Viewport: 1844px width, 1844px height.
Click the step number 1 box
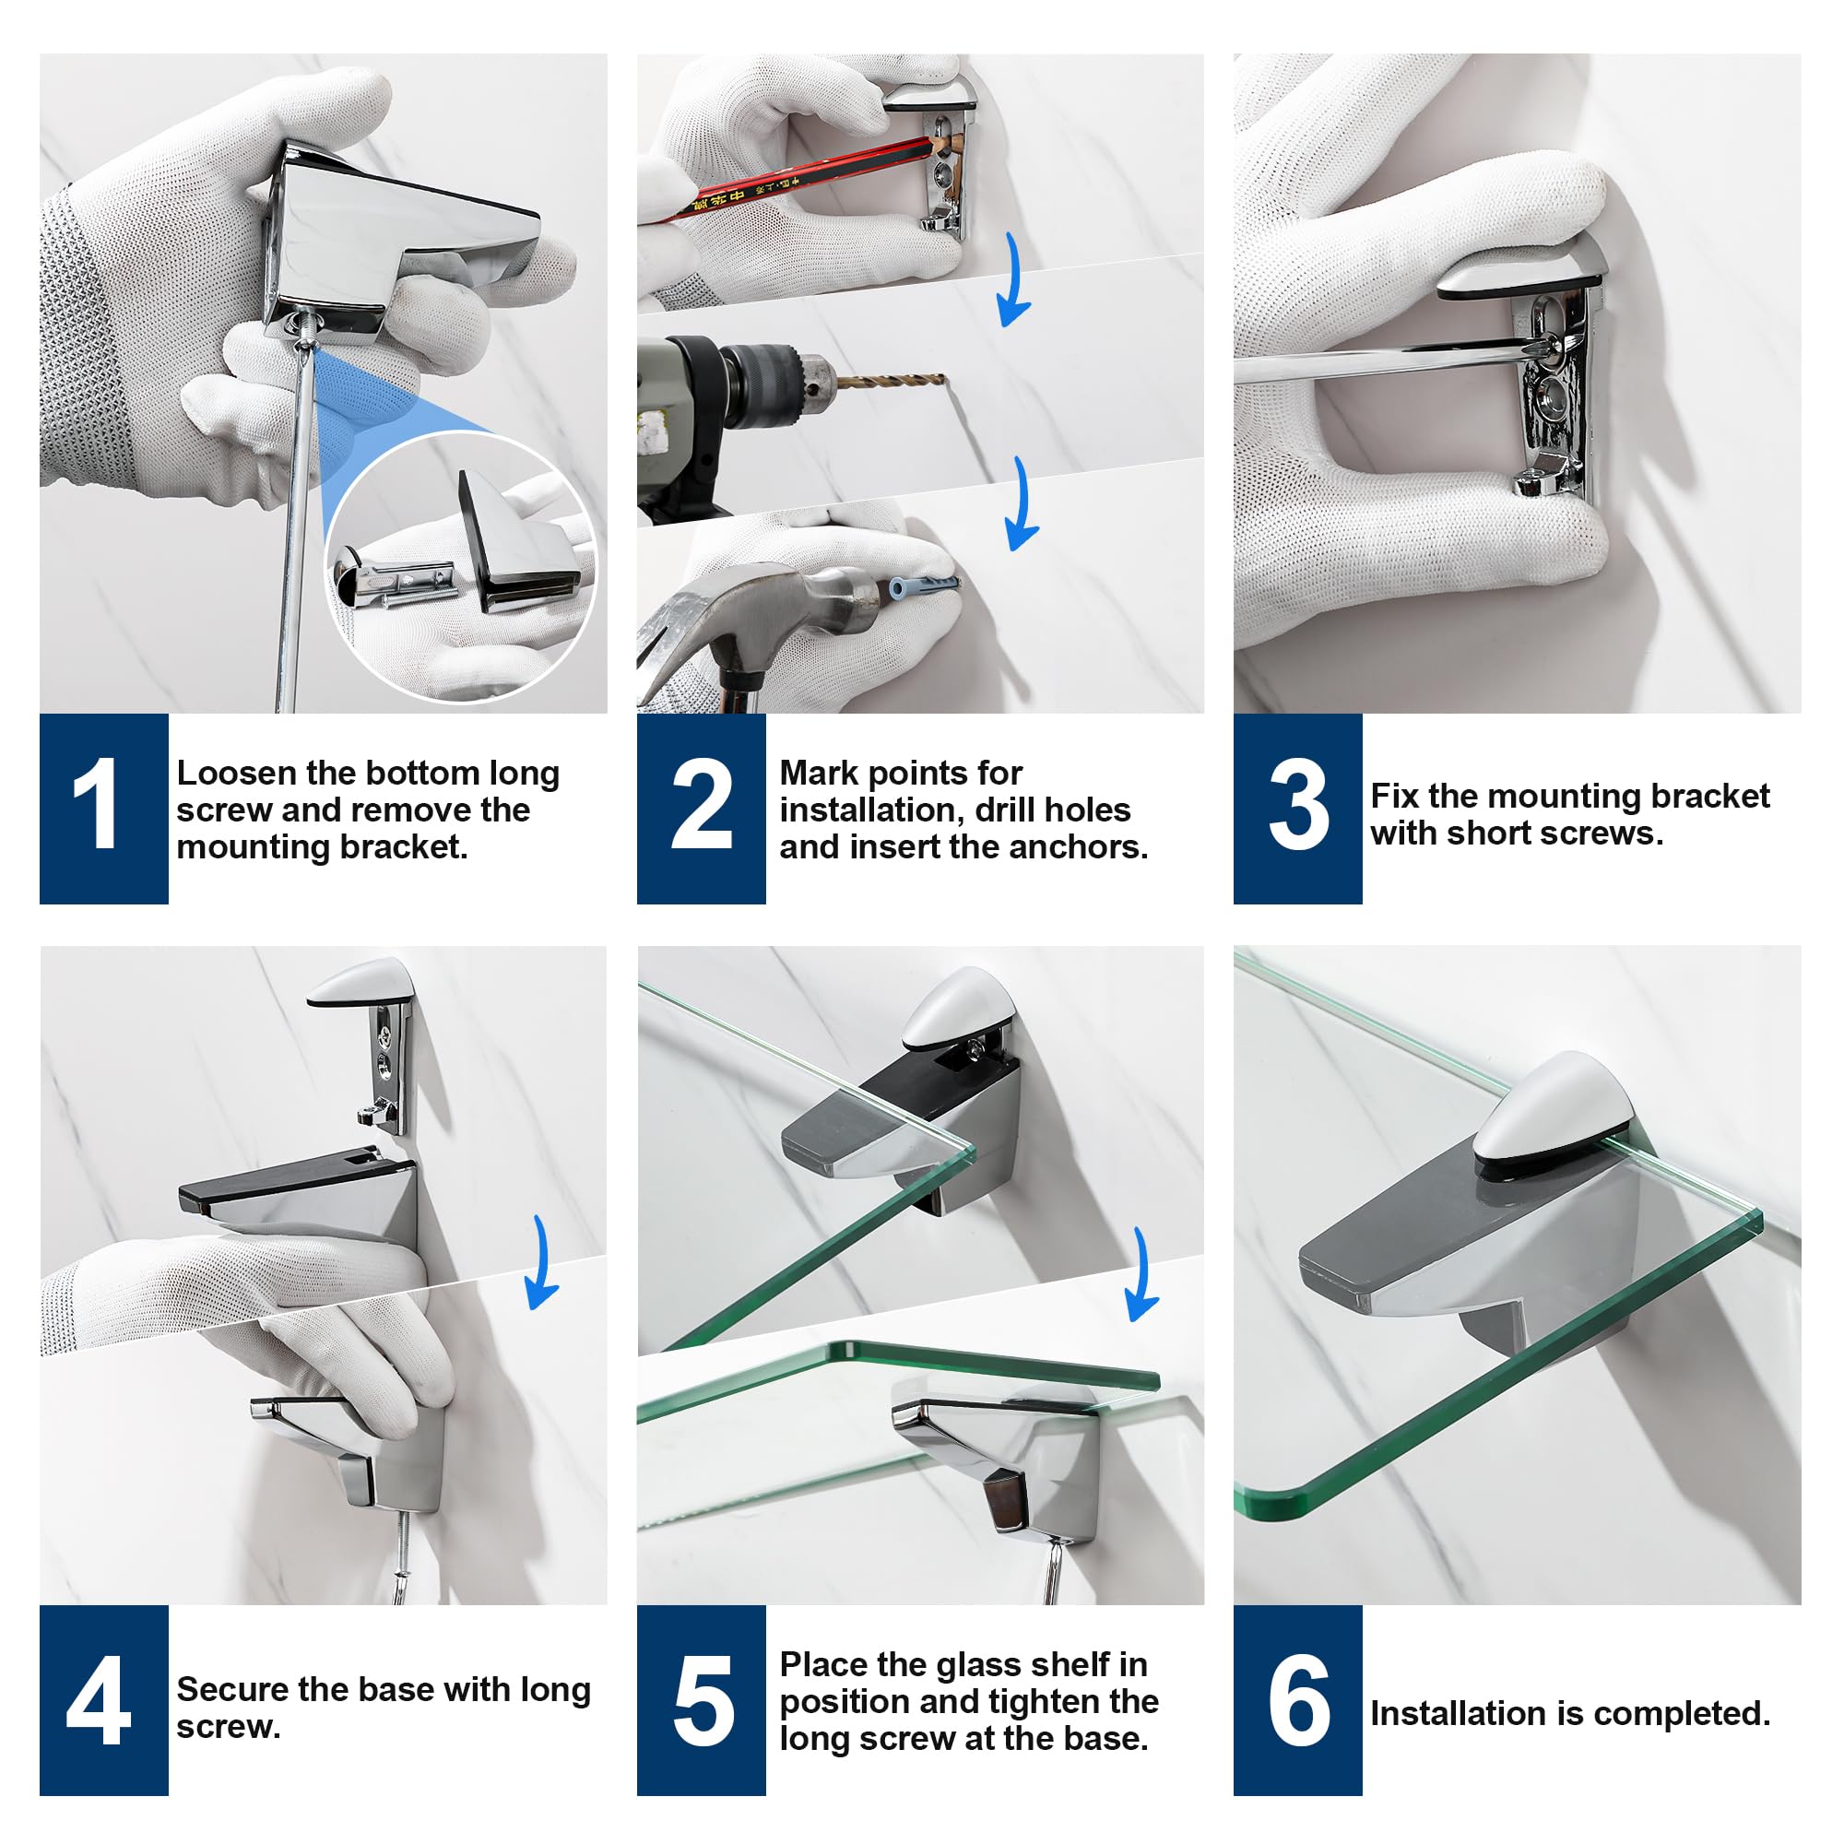coord(104,809)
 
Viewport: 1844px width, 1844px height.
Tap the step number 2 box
coord(702,809)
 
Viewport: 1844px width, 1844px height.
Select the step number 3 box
coord(1298,809)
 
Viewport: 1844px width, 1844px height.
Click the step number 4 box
coord(104,1700)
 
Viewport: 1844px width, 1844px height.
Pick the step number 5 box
coord(702,1700)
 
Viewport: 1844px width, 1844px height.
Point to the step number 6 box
coord(1298,1700)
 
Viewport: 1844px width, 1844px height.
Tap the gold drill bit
coord(891,383)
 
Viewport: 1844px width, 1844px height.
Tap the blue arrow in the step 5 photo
coord(1142,1274)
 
